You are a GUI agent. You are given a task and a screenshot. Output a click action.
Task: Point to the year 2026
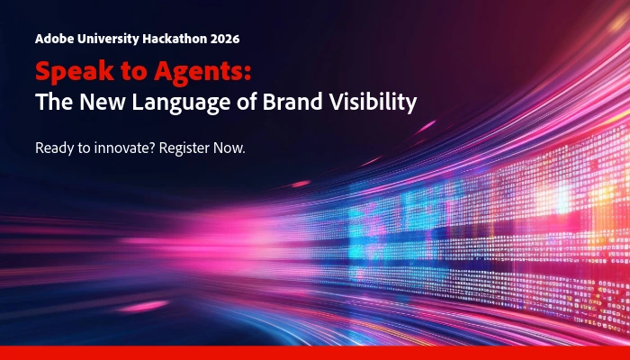[x=225, y=39]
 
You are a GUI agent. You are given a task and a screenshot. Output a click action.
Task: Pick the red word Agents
[x=199, y=72]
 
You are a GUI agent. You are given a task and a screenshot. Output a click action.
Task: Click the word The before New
[x=54, y=101]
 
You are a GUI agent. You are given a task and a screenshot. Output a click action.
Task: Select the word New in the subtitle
[x=103, y=101]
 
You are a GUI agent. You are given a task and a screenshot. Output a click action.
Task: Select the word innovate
[x=124, y=148]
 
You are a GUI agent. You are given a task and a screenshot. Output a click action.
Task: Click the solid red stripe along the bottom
[x=315, y=353]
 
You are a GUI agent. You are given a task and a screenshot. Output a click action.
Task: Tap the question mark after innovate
[x=152, y=148]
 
